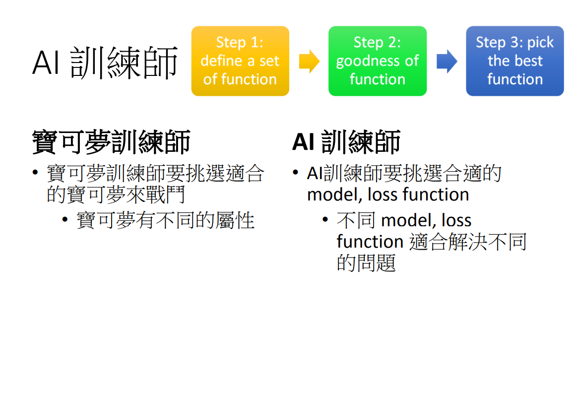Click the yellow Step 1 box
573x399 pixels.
(x=240, y=61)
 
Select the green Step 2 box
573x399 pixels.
(x=378, y=61)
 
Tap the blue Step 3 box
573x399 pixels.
(x=514, y=61)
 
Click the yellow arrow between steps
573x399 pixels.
(x=309, y=61)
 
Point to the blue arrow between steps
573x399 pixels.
(x=446, y=61)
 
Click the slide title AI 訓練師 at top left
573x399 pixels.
(x=105, y=63)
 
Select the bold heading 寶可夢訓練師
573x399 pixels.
(x=111, y=142)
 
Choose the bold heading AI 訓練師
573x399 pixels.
(x=346, y=142)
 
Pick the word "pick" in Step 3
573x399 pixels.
(x=540, y=43)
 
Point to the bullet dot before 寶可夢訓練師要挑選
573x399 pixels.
(x=35, y=173)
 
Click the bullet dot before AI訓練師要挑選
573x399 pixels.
(x=296, y=173)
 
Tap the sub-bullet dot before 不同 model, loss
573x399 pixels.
(x=325, y=219)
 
